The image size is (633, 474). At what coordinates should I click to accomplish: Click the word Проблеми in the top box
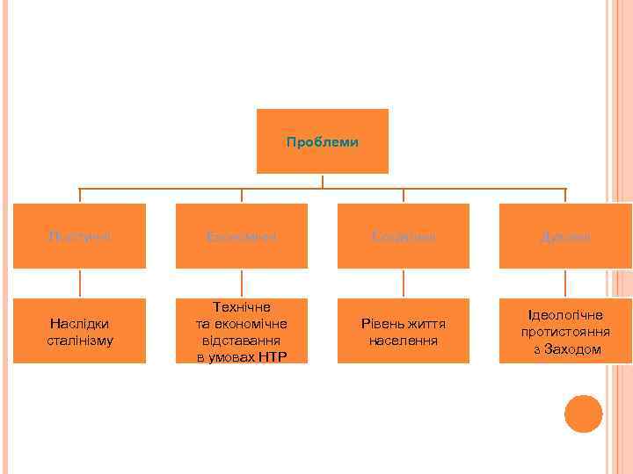coord(322,142)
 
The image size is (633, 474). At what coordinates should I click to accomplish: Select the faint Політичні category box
coord(80,237)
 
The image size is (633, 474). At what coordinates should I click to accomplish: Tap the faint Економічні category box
coord(242,237)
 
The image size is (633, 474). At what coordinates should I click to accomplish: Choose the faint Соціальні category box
coord(404,237)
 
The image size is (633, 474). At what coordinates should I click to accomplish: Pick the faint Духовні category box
coord(565,237)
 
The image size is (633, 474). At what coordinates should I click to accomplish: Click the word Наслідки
coord(80,324)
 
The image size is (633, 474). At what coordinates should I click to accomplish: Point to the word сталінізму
coord(80,340)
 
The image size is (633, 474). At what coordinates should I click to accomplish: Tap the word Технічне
coord(242,307)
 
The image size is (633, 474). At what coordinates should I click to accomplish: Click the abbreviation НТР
coord(271,356)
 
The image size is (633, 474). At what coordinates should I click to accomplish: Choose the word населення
coord(404,340)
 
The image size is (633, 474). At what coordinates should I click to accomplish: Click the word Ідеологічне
coord(565,315)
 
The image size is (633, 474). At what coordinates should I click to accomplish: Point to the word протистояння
coord(565,332)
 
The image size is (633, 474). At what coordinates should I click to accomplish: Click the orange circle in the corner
coord(583,413)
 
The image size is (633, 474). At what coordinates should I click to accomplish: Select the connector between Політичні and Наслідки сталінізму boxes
coord(80,283)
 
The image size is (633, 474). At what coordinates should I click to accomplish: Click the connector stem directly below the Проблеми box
coord(323,181)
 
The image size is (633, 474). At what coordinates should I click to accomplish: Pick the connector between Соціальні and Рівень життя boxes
coord(404,283)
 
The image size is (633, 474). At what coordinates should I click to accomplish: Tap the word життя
coord(427,324)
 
